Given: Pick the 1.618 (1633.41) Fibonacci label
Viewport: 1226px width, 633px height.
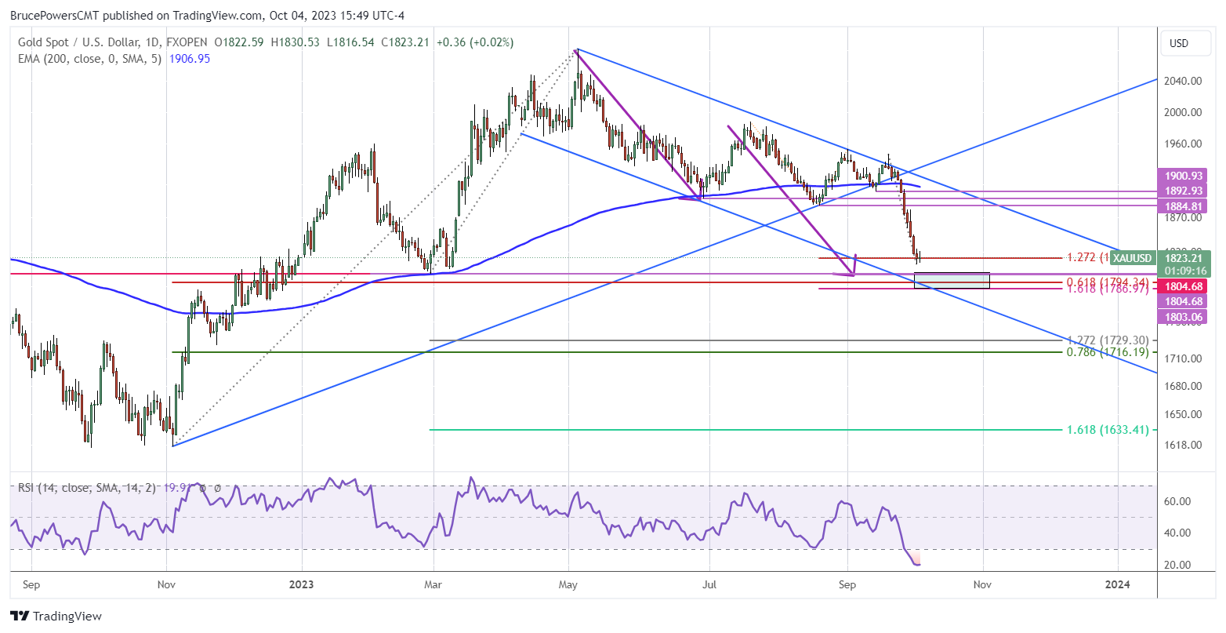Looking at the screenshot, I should tap(1107, 430).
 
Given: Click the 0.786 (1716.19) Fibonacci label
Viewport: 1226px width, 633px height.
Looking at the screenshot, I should tap(1107, 352).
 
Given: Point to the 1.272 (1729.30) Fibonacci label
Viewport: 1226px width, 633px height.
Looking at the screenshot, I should tap(1107, 340).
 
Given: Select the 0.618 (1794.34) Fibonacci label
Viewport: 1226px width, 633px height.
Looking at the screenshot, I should tap(1107, 282).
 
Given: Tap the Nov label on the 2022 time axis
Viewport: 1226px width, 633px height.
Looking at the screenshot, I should tap(166, 584).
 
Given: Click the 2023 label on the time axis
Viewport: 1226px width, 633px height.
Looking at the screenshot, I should tap(301, 584).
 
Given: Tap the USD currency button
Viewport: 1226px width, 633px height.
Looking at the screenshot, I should tap(1178, 43).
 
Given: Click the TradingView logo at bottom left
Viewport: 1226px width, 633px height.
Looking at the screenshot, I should tap(56, 617).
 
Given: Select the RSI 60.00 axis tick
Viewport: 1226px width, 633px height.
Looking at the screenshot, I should tap(1181, 501).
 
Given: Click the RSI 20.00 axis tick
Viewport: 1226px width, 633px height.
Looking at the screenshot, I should tap(1181, 565).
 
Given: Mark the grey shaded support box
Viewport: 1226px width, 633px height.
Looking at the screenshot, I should tap(952, 280).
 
